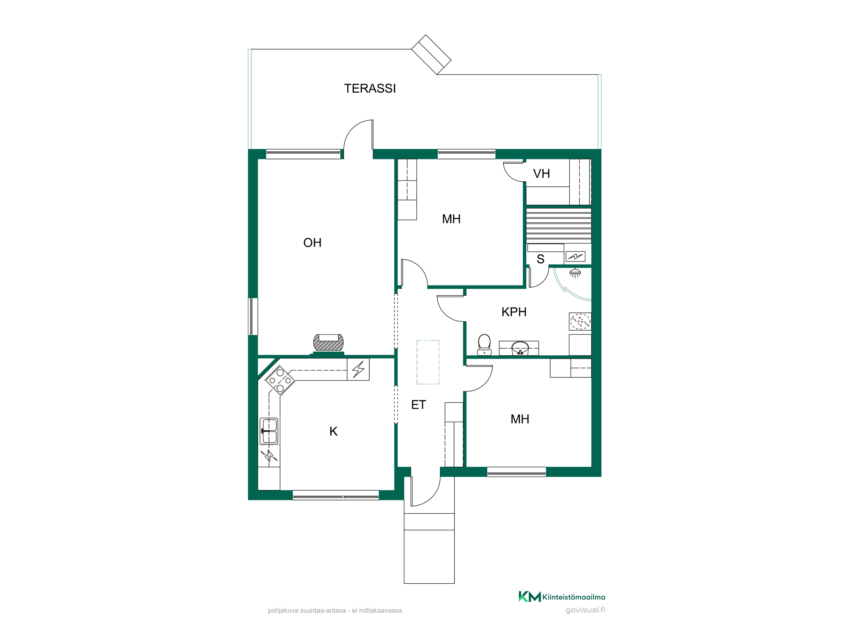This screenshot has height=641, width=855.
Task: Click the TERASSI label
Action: pos(370,88)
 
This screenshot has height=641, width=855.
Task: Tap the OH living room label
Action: pos(312,243)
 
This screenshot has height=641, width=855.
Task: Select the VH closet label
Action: pos(541,174)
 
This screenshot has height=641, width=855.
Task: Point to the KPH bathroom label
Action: pos(514,312)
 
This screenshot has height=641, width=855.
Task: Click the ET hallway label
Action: pos(419,405)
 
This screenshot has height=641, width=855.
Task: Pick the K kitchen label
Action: pos(333,432)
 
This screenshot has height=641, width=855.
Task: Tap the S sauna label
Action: pos(540,259)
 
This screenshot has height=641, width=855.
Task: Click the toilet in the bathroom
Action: pos(484,345)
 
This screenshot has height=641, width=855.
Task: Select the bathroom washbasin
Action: pos(520,348)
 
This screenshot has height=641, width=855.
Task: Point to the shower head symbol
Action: pos(575,273)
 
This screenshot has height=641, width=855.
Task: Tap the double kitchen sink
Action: pos(269,431)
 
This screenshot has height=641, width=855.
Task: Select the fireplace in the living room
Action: pos(328,343)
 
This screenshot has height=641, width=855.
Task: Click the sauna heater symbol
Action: pos(575,256)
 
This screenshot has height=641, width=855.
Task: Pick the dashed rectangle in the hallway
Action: pos(428,362)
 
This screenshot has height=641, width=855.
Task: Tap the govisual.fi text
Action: pos(585,610)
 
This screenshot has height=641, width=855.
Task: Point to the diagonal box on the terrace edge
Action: pos(431,55)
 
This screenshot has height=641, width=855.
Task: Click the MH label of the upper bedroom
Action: pos(451,219)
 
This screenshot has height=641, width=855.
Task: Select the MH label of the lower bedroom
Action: pos(520,419)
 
